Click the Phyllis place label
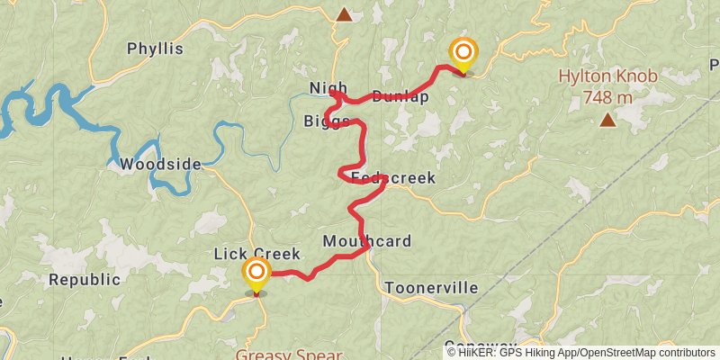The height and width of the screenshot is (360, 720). pyautogui.click(x=155, y=49)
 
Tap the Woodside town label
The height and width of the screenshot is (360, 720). pyautogui.click(x=160, y=164)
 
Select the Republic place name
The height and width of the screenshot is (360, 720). pyautogui.click(x=84, y=279)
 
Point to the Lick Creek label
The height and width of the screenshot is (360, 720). pyautogui.click(x=256, y=255)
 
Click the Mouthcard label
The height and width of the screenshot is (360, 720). pyautogui.click(x=366, y=240)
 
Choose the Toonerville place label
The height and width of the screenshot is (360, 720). pyautogui.click(x=431, y=288)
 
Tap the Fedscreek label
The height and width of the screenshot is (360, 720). pyautogui.click(x=393, y=178)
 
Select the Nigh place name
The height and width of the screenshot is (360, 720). pyautogui.click(x=328, y=87)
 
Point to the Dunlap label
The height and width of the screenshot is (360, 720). pyautogui.click(x=400, y=97)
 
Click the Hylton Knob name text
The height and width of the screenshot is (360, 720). pyautogui.click(x=607, y=76)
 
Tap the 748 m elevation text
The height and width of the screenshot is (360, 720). pyautogui.click(x=607, y=96)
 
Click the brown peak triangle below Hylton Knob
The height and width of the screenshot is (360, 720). pyautogui.click(x=608, y=119)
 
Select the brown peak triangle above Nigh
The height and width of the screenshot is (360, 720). pyautogui.click(x=344, y=13)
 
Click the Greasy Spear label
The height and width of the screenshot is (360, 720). pyautogui.click(x=289, y=355)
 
